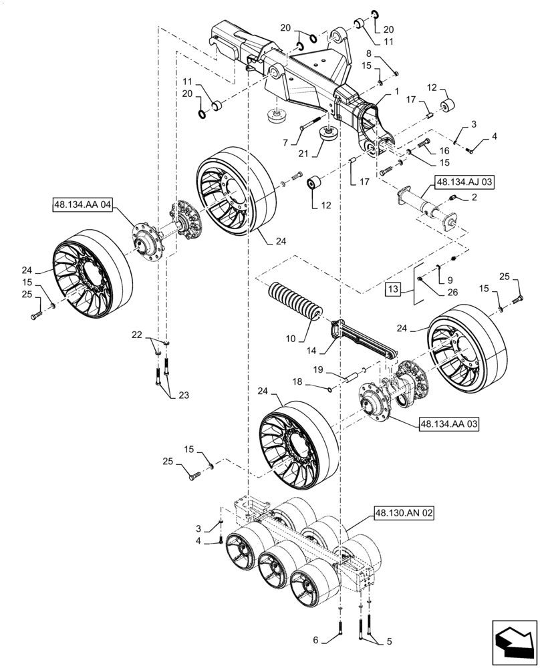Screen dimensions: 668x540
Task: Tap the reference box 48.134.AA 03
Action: (x=448, y=424)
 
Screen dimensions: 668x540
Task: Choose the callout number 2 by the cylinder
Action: (x=473, y=197)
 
